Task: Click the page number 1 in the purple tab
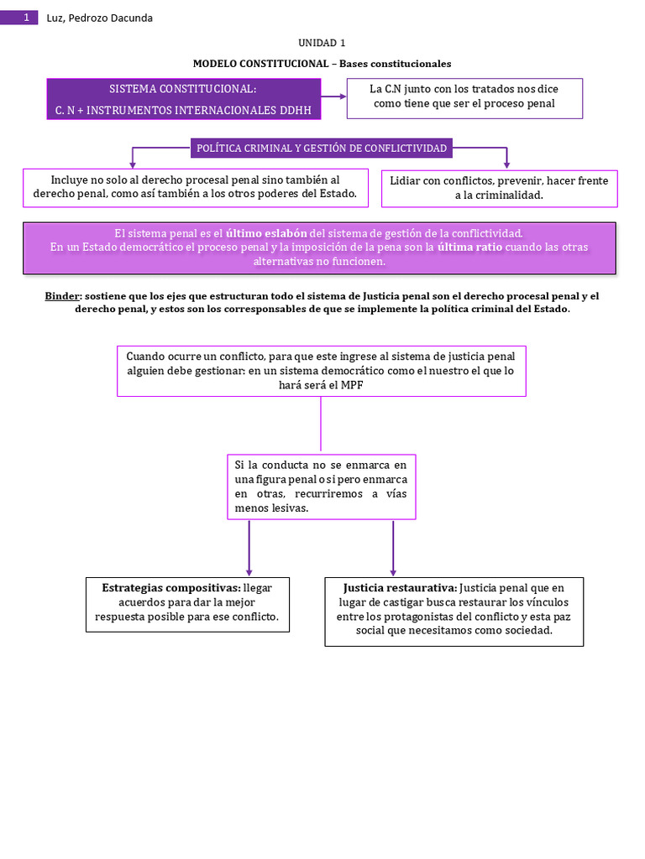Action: click(x=26, y=18)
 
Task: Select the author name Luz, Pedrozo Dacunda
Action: click(x=99, y=18)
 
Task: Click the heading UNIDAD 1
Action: click(x=322, y=43)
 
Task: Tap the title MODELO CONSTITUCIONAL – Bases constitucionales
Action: click(x=322, y=64)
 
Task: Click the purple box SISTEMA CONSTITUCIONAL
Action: click(x=184, y=99)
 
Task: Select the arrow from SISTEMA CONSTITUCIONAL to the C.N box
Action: click(x=334, y=96)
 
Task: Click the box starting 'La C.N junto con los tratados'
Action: click(x=464, y=96)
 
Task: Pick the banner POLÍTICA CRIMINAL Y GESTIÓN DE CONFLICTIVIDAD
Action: click(x=322, y=148)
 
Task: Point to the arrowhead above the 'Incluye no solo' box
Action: click(x=132, y=163)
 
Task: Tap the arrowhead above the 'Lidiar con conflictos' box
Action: click(x=506, y=163)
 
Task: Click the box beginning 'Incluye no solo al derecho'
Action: click(x=195, y=187)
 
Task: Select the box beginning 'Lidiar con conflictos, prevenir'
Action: click(x=499, y=188)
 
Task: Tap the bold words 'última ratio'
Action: click(x=469, y=247)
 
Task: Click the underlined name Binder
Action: click(x=62, y=296)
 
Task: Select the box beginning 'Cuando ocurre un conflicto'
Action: click(x=321, y=370)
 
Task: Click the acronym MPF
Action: click(x=353, y=384)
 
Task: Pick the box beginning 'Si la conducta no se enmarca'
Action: click(x=321, y=487)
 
